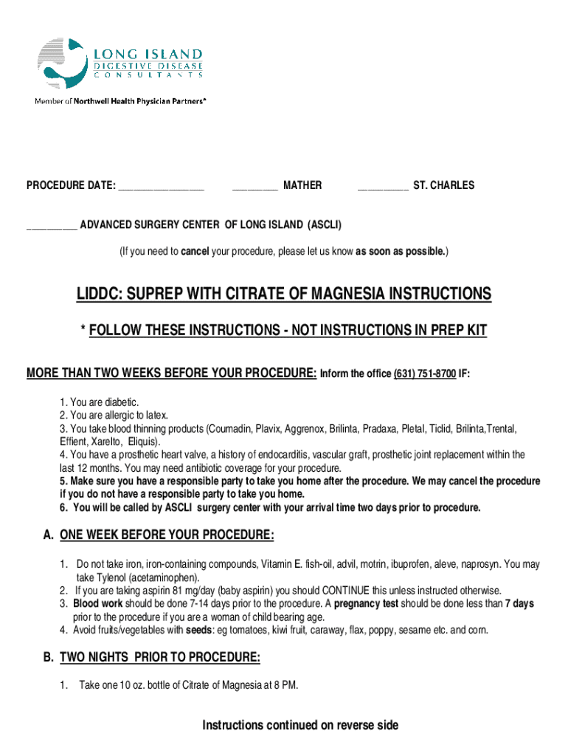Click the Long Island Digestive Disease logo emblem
62,63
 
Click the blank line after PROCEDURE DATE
161,186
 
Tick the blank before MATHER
254,186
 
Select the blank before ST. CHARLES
383,186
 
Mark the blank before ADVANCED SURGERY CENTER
52,224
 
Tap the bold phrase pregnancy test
369,604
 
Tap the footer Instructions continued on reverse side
300,726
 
